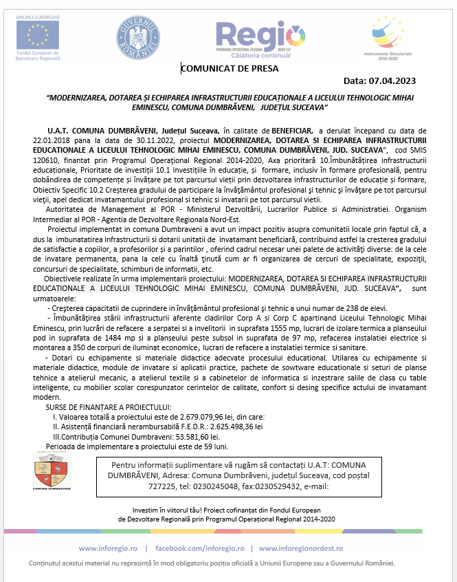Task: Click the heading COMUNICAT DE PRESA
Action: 230,67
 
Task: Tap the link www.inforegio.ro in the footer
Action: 108,548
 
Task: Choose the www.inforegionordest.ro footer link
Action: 316,548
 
